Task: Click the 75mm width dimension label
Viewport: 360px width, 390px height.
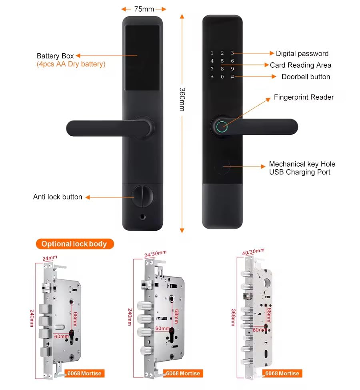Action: pos(144,9)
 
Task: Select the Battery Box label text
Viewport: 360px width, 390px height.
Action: pos(55,56)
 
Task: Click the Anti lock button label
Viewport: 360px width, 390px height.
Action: pos(58,197)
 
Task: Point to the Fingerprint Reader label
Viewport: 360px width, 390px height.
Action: pos(304,97)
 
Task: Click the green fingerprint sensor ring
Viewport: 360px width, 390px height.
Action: pos(221,127)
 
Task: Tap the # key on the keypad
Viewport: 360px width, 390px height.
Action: pos(232,76)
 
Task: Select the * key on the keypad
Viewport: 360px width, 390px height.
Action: pos(212,77)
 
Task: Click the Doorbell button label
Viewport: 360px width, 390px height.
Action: pos(306,76)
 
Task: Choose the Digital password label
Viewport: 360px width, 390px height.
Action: pos(302,53)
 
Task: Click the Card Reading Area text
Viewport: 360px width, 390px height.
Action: pos(300,65)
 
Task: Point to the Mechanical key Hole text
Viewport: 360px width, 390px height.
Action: pos(302,164)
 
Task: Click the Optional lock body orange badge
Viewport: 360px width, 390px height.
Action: pos(75,244)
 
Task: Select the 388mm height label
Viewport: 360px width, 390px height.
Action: pos(234,318)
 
